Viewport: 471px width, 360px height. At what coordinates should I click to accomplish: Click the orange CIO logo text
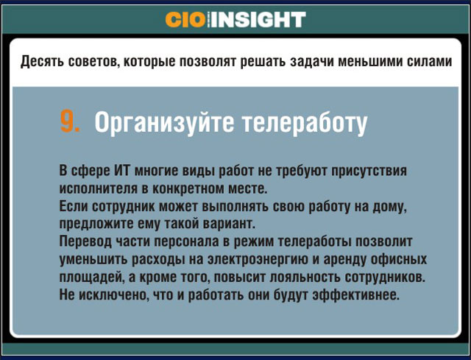point(185,20)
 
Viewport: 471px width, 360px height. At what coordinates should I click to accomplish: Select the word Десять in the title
point(42,62)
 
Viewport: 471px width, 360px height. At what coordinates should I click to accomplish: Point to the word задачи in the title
point(311,62)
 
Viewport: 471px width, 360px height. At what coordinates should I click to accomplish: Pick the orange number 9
point(70,121)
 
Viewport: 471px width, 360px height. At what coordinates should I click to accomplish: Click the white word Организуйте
point(164,123)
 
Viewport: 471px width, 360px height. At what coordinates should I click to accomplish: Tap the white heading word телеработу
point(305,123)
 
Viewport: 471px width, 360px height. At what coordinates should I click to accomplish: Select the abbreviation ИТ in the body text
point(121,171)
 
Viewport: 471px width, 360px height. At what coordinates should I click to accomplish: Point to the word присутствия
point(369,172)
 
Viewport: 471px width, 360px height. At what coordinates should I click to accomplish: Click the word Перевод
point(85,241)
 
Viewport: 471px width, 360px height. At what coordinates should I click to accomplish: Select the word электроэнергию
point(258,260)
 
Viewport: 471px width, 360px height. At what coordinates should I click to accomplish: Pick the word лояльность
point(305,277)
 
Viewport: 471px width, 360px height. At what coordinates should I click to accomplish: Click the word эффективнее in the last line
point(355,294)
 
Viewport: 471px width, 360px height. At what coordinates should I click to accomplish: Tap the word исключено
point(113,294)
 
